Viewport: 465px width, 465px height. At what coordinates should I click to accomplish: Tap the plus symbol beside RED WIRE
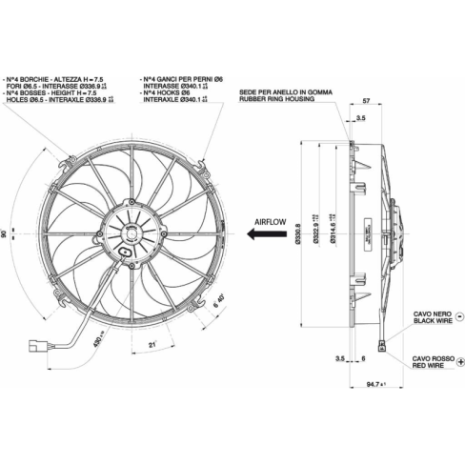458,361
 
